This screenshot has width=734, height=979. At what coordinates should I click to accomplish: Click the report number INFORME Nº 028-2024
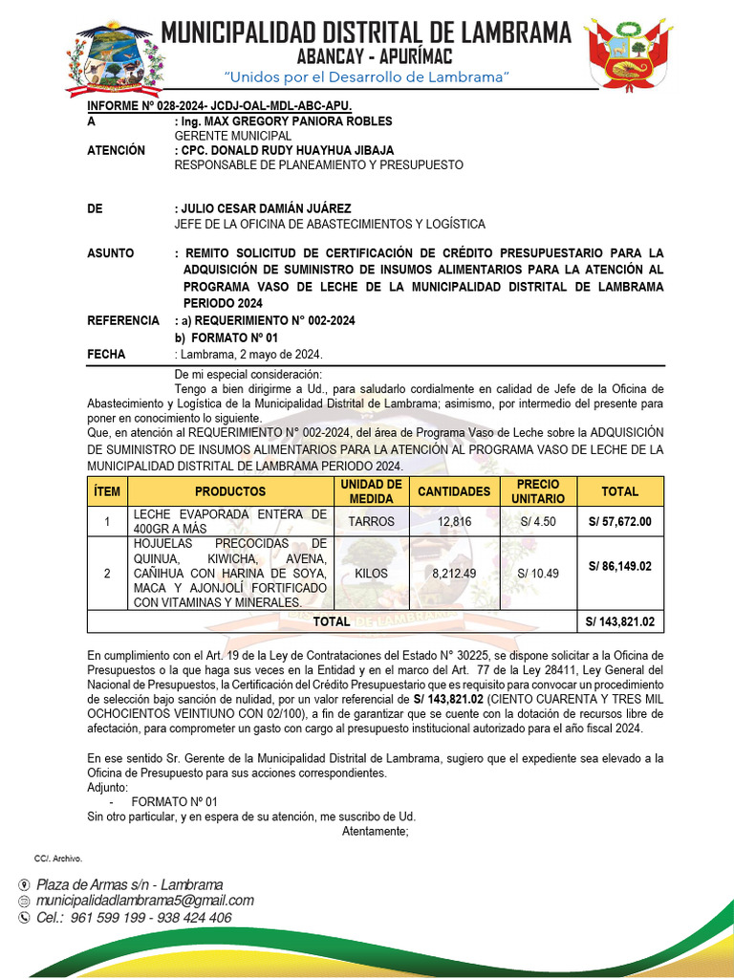[220, 106]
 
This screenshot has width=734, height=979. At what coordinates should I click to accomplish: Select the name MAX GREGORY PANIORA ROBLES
[287, 121]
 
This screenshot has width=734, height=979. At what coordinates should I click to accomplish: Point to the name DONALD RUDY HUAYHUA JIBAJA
[301, 150]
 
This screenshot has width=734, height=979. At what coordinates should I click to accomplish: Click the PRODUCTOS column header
[230, 491]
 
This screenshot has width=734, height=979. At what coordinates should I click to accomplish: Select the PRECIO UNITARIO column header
[537, 491]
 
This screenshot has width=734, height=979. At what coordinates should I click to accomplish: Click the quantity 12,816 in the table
[454, 521]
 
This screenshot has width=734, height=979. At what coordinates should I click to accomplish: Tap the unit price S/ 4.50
[537, 521]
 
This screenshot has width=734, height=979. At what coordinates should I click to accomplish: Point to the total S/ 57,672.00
[620, 521]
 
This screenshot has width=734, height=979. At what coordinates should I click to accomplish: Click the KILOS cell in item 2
[371, 573]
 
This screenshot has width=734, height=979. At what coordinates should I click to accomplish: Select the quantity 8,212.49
[454, 573]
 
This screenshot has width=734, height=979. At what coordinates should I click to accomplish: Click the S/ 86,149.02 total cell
[620, 566]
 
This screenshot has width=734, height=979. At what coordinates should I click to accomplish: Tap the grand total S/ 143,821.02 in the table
[620, 621]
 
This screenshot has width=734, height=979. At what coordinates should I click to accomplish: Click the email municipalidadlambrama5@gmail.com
[145, 901]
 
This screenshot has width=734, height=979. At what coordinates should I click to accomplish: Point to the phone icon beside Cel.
[25, 918]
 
